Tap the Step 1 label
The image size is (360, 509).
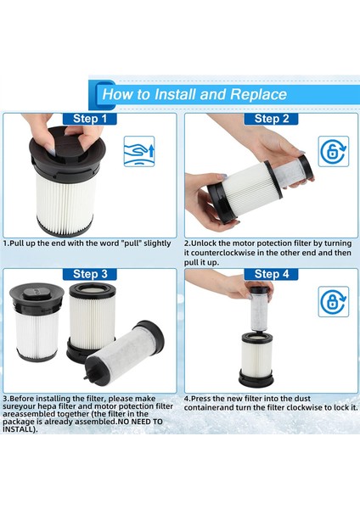pos(95,120)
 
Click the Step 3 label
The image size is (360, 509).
pos(95,274)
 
